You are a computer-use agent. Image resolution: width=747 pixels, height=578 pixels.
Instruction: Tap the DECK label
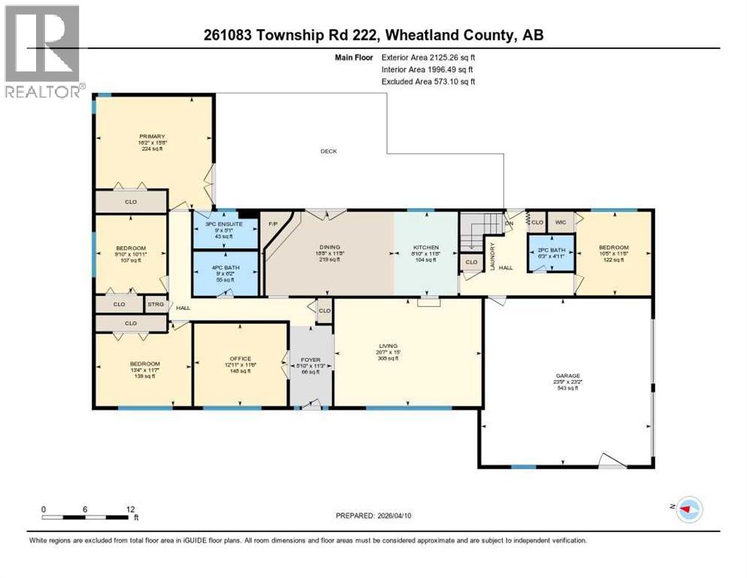tap(328, 151)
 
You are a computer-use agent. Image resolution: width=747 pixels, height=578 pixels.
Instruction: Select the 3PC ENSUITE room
tap(225, 230)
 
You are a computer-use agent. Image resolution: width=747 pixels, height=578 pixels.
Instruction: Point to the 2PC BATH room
tap(551, 251)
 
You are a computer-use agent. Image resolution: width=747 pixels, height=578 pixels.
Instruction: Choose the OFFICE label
tap(240, 358)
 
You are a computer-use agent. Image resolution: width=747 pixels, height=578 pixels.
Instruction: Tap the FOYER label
tap(310, 360)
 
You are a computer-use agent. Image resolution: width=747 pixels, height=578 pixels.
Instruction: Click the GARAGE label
tap(567, 376)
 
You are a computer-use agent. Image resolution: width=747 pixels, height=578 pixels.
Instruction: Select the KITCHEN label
tap(426, 247)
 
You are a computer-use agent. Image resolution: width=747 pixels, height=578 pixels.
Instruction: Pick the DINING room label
tap(329, 247)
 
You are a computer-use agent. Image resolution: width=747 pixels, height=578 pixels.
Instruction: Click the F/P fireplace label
tap(274, 224)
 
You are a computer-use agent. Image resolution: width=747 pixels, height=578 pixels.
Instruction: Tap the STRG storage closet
tap(156, 305)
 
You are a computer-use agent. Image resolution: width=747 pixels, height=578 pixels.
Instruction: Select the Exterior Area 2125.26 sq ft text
tap(428, 56)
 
